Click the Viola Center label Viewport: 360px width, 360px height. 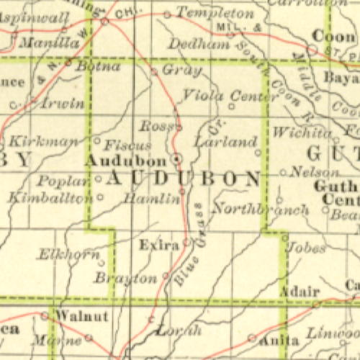pos(220,95)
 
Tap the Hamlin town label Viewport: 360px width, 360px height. pos(151,199)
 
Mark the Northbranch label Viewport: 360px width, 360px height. pos(261,210)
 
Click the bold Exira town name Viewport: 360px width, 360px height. pos(158,246)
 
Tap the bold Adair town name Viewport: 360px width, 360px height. pos(299,292)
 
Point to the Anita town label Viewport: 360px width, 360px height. pos(279,339)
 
